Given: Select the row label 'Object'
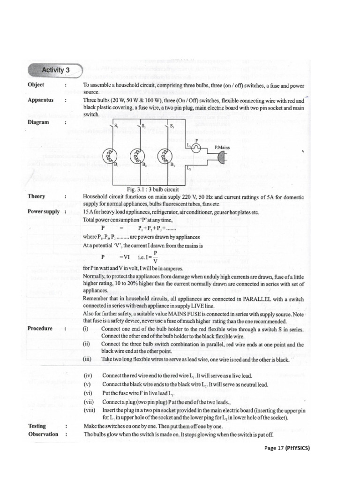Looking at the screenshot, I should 36,85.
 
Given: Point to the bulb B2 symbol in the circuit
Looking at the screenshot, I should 136,155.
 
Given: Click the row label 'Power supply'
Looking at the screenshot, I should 44,211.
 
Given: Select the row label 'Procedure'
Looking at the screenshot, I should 40,329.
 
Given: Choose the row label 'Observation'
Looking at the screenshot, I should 43,434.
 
